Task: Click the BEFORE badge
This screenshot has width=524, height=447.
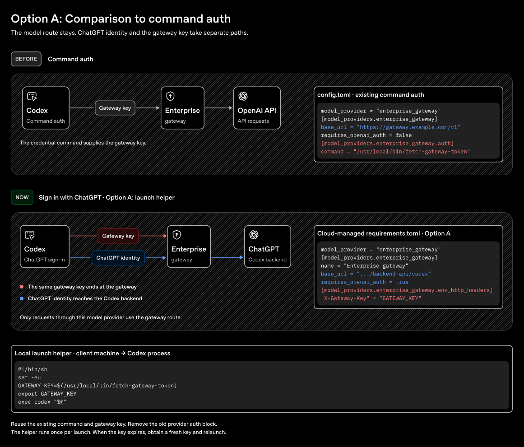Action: pos(26,59)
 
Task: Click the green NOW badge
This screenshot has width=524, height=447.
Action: pos(22,197)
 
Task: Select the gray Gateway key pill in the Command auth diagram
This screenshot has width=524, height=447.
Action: pos(115,108)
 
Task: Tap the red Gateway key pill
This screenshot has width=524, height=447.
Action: pos(118,236)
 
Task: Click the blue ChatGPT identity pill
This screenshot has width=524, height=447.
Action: pos(118,258)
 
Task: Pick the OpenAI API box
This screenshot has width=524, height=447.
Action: pos(257,108)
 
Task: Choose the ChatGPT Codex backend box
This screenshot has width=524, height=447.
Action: pos(267,247)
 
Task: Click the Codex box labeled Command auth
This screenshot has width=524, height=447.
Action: pos(46,108)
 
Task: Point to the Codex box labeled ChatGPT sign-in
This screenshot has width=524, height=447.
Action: pos(44,247)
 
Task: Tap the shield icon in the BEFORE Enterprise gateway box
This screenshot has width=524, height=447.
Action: pos(171,96)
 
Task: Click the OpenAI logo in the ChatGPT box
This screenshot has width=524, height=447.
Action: pos(254,235)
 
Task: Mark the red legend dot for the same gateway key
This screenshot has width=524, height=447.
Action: pos(22,287)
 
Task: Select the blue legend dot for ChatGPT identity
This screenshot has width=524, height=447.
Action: pos(22,298)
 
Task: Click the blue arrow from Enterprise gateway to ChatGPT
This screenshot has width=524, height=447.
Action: pos(227,257)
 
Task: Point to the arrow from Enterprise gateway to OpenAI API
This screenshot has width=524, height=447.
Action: pos(219,108)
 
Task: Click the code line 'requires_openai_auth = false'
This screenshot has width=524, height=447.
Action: pos(366,135)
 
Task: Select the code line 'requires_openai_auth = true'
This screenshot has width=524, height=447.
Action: pos(365,282)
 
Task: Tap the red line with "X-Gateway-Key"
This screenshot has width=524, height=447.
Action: pos(371,298)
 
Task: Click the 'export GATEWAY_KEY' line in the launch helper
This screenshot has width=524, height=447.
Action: pos(47,394)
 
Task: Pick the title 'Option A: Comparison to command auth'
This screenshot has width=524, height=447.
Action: pos(121,19)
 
